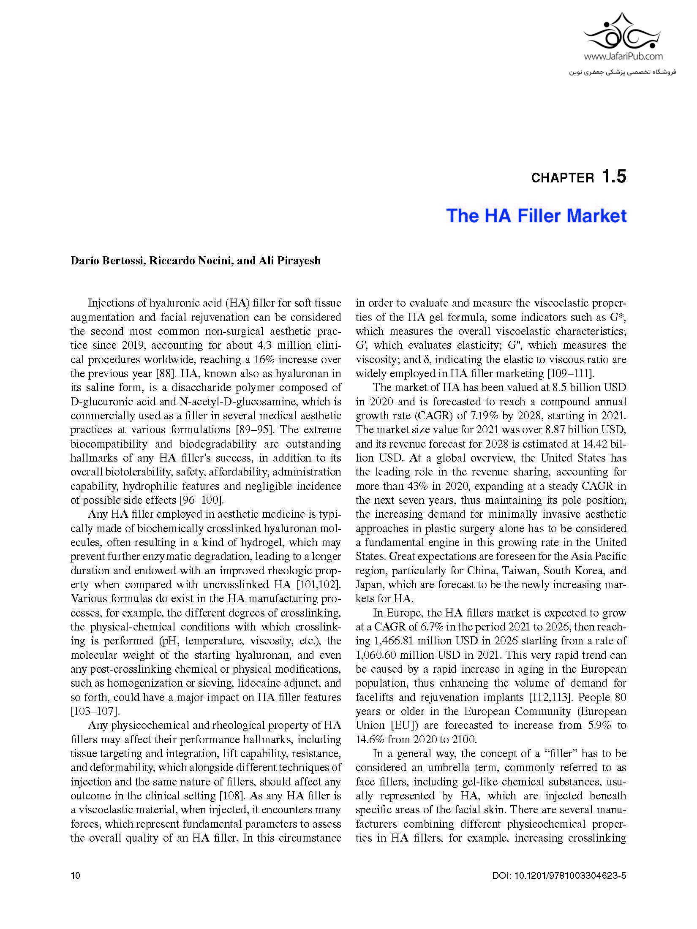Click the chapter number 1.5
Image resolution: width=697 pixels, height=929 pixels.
coord(614,176)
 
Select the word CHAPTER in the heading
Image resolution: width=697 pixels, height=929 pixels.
coord(562,178)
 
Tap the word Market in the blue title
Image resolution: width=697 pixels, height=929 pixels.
coord(596,216)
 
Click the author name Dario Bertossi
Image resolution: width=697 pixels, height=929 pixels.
coord(108,261)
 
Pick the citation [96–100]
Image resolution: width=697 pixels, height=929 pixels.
coord(201,500)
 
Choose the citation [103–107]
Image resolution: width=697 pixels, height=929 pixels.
coord(93,712)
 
